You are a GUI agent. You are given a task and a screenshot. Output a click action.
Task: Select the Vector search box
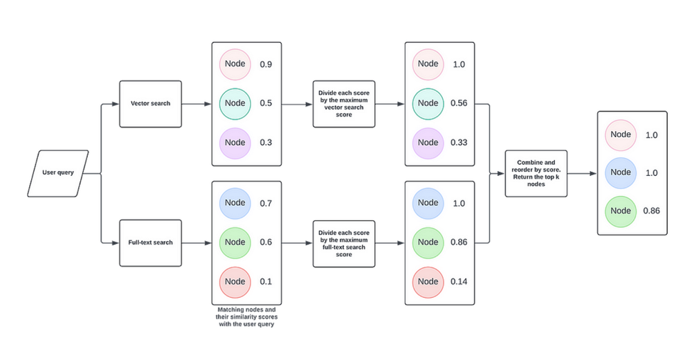[x=150, y=104]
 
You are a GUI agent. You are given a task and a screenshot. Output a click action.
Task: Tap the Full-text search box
[x=150, y=242]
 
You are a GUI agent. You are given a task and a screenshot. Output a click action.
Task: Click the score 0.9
[x=266, y=64]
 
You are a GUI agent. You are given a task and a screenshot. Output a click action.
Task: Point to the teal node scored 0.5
[x=235, y=103]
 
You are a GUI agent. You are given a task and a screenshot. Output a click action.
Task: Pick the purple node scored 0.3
[x=235, y=143]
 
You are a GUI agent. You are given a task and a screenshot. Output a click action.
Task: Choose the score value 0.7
[x=266, y=203]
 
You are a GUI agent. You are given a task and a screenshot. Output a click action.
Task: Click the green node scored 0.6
[x=235, y=242]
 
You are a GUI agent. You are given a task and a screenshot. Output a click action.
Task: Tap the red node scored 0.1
[x=235, y=282]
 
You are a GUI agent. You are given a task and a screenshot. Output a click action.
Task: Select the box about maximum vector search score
[x=344, y=104]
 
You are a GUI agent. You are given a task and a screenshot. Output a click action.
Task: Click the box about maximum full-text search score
[x=344, y=242]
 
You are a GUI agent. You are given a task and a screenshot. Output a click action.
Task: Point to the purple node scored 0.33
[x=428, y=143]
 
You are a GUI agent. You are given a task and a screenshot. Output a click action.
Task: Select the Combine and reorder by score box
[x=536, y=173]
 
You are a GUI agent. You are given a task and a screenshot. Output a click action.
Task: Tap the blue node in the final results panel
[x=621, y=172]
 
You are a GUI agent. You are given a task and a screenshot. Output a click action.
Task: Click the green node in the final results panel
[x=621, y=211]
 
